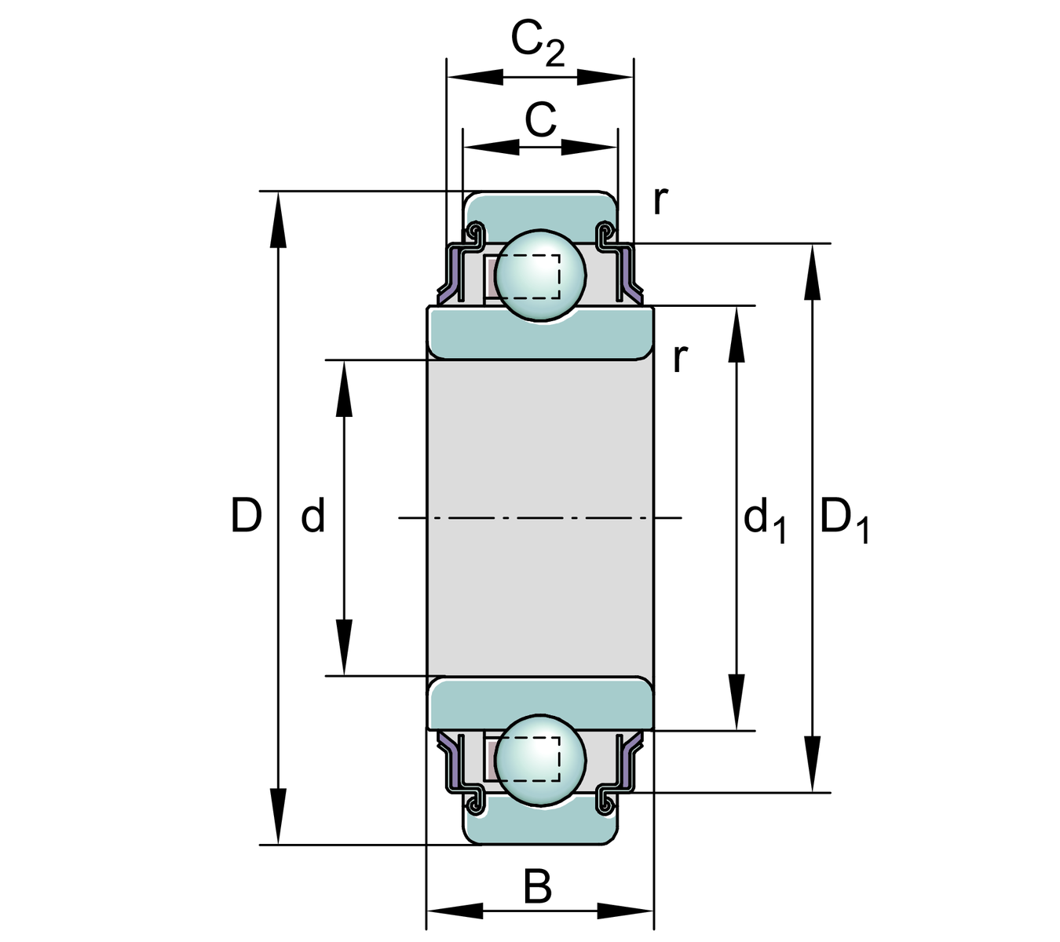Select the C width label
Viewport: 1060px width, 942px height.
[x=540, y=121]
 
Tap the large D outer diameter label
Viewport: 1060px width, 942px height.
[x=246, y=517]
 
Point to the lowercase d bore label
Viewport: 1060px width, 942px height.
[x=313, y=517]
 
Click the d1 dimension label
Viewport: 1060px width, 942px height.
[x=764, y=521]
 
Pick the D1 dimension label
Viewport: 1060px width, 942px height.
[x=843, y=521]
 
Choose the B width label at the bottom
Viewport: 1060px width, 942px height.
[x=538, y=888]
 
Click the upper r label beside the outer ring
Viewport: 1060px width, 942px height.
[x=660, y=201]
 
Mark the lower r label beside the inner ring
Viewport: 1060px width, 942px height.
[x=680, y=358]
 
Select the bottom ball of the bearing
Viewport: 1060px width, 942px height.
[x=540, y=759]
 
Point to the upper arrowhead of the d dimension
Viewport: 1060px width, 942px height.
[x=343, y=389]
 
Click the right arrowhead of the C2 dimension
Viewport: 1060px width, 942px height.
[x=605, y=77]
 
